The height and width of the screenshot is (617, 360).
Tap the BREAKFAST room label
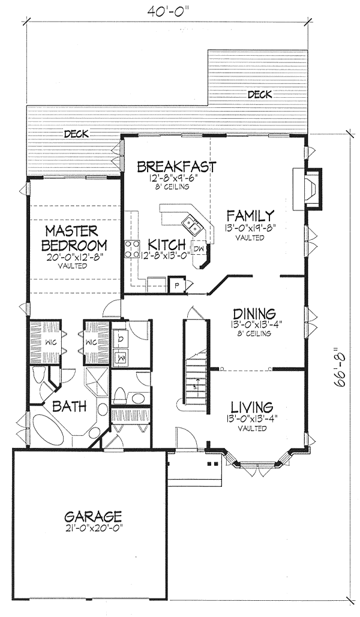[175, 166]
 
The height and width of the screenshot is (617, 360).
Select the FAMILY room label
[250, 215]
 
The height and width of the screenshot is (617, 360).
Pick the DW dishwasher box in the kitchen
[199, 249]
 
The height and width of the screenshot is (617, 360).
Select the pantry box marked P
[176, 285]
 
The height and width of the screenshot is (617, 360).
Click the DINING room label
[254, 314]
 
